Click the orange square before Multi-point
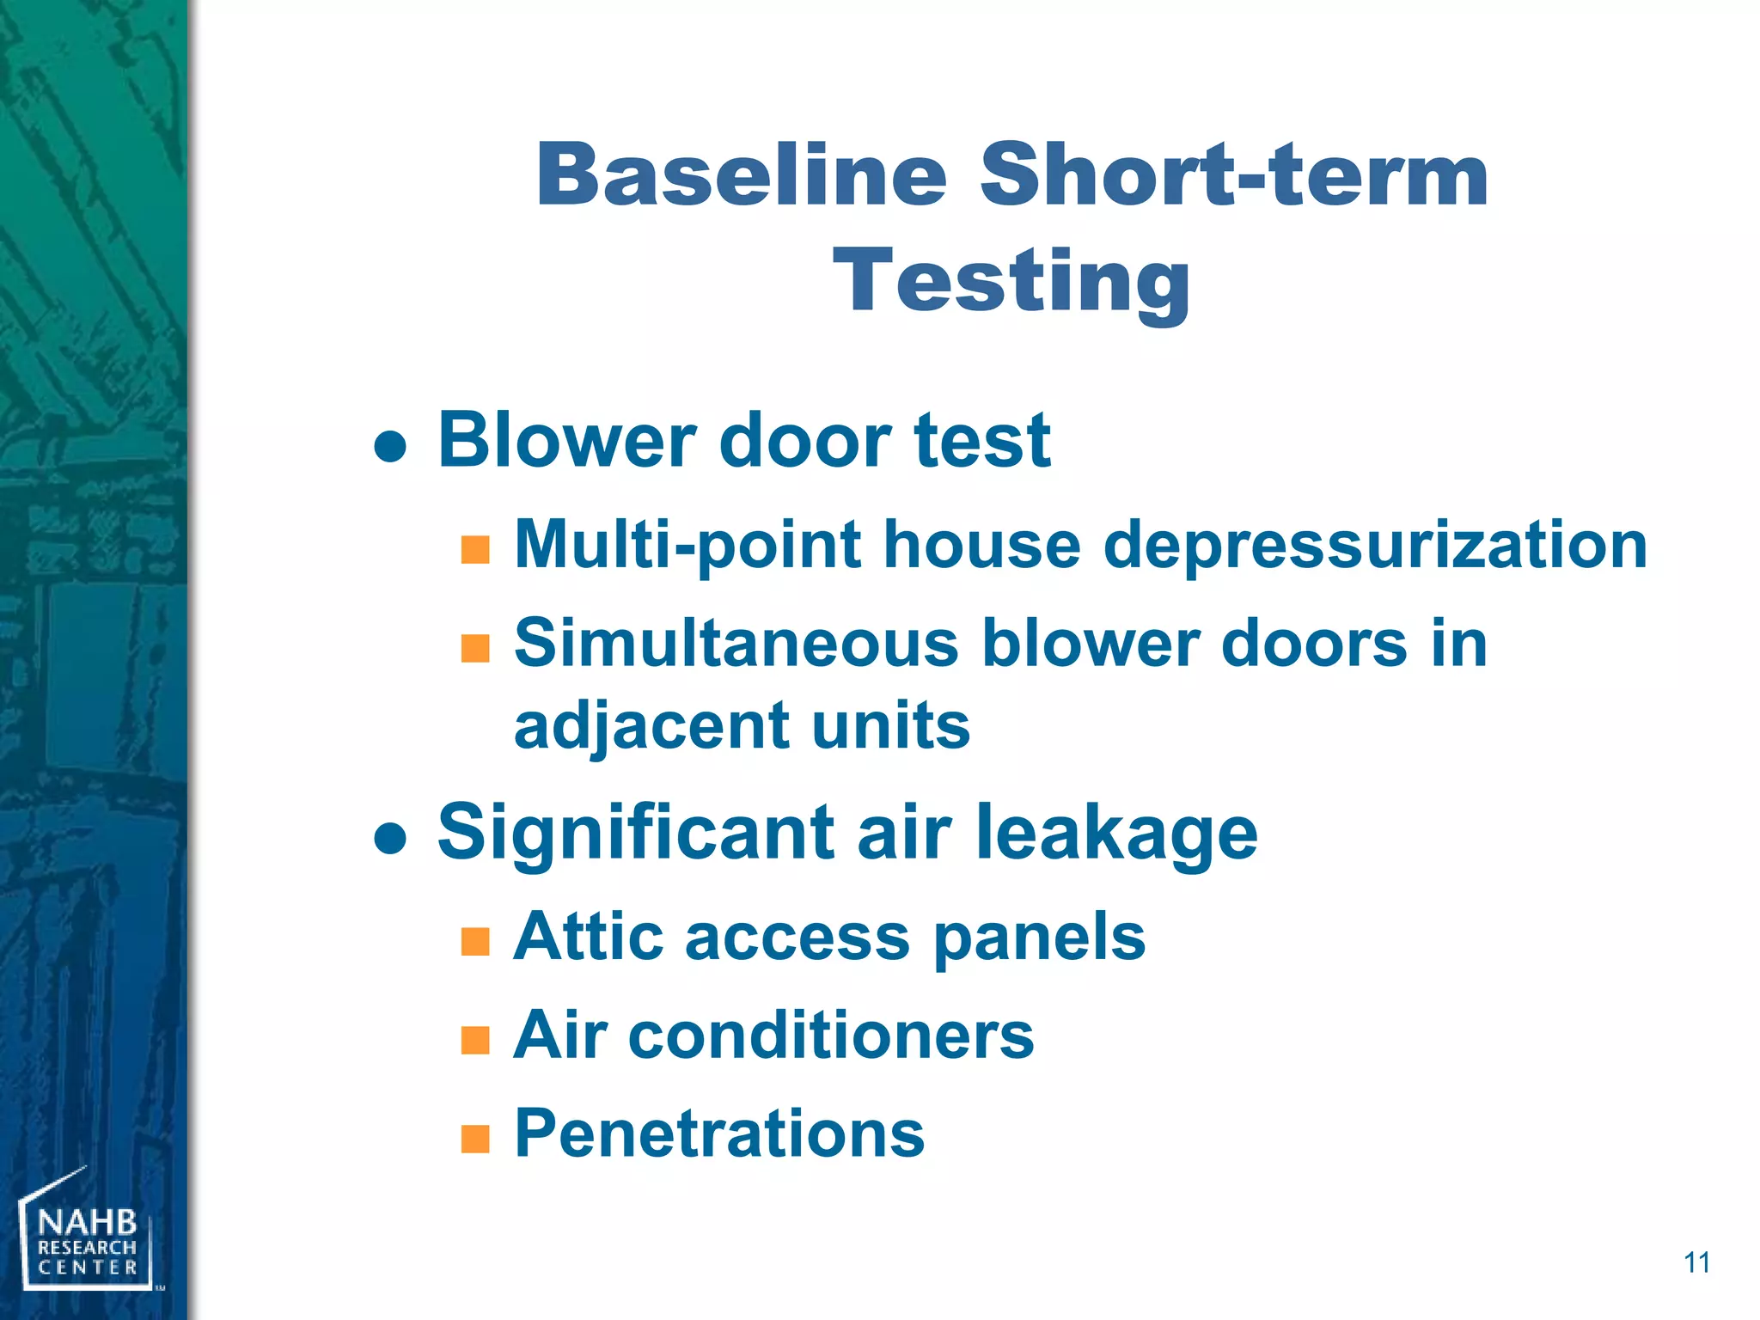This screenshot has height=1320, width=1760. pyautogui.click(x=475, y=549)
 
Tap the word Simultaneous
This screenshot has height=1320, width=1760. pyautogui.click(x=736, y=644)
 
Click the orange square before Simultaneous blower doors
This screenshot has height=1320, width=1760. pyautogui.click(x=475, y=648)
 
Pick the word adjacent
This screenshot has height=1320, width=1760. pyautogui.click(x=651, y=726)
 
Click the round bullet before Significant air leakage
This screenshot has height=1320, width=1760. pyautogui.click(x=391, y=838)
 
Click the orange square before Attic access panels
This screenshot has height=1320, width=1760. pyautogui.click(x=475, y=942)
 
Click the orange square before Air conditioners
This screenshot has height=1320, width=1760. pyautogui.click(x=475, y=1041)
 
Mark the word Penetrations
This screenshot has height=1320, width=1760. pyautogui.click(x=719, y=1134)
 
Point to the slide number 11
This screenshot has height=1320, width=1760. pyautogui.click(x=1696, y=1262)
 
